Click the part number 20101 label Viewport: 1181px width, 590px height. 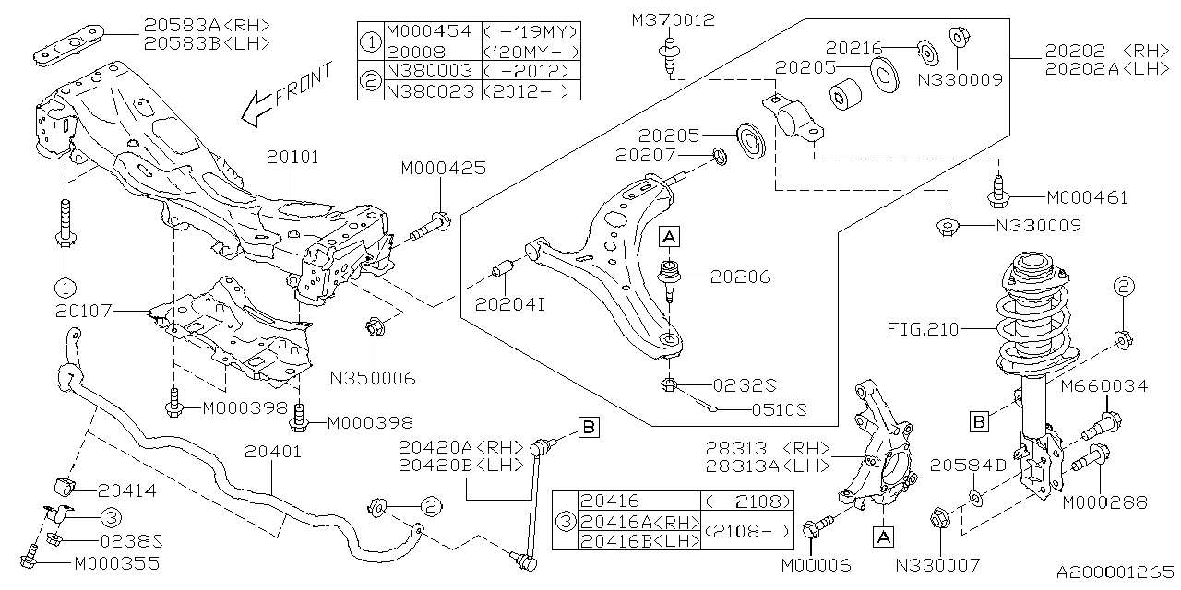(294, 158)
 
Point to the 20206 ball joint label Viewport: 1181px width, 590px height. (741, 277)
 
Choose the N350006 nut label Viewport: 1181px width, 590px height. (375, 377)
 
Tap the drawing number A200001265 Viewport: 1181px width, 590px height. (1115, 572)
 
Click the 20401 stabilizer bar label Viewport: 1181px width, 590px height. (274, 453)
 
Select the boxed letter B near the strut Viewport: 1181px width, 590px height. (980, 422)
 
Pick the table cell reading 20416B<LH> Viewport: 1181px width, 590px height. (638, 542)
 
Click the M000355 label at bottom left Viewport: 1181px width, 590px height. (115, 562)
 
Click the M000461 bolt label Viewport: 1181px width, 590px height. (1087, 197)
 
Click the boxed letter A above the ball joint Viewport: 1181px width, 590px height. (669, 238)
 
